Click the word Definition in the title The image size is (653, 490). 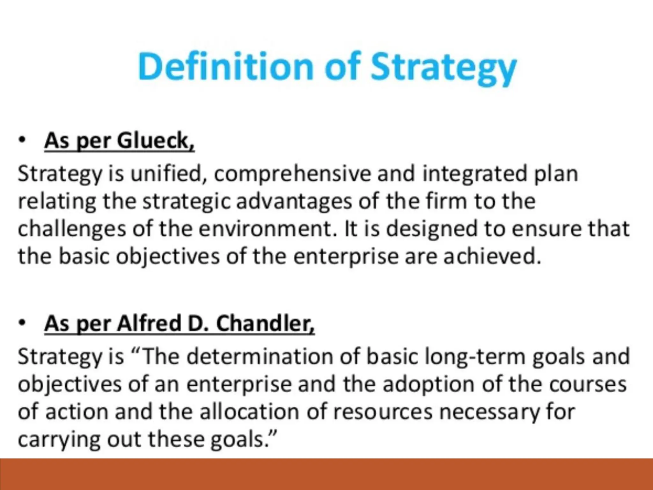(x=226, y=66)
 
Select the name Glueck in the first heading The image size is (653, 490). (x=156, y=141)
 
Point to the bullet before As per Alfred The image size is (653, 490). (x=22, y=323)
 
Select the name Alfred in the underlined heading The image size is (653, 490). (x=149, y=323)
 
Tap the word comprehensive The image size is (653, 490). (x=292, y=174)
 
